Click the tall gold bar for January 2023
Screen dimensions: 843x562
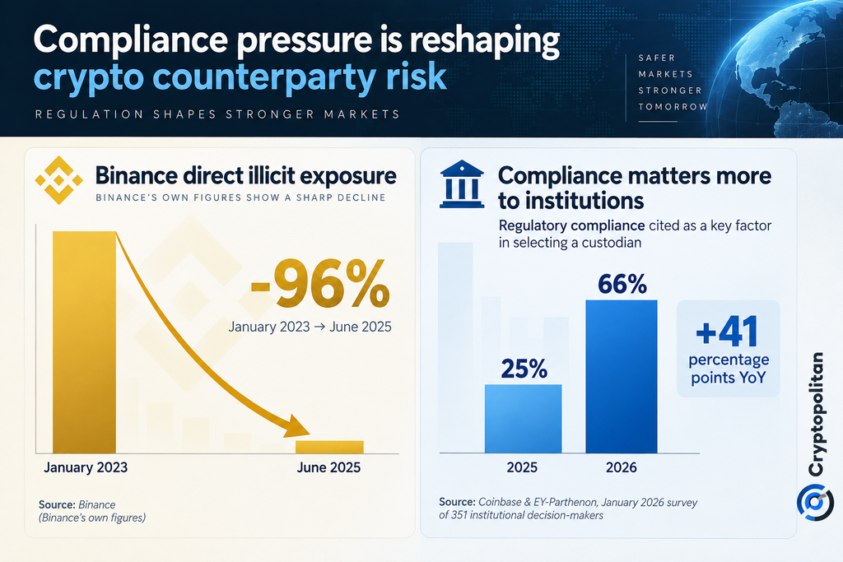pos(84,342)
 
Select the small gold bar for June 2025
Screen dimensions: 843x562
pos(329,447)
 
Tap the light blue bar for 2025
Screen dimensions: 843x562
pos(523,419)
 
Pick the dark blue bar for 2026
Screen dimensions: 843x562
pos(622,376)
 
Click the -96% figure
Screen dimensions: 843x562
pos(320,285)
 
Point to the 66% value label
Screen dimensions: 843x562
pos(622,284)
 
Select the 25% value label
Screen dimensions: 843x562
pos(524,369)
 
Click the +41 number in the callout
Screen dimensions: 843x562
pos(728,332)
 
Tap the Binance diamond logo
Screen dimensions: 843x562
pos(58,180)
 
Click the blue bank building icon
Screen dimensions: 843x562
pos(462,183)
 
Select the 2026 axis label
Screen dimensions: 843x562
pos(622,467)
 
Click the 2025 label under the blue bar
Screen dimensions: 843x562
pos(522,467)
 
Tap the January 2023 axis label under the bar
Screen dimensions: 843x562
pos(86,467)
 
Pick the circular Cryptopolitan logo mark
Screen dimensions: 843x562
pos(815,503)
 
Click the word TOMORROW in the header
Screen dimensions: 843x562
pos(673,107)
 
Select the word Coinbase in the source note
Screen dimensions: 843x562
pos(500,502)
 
